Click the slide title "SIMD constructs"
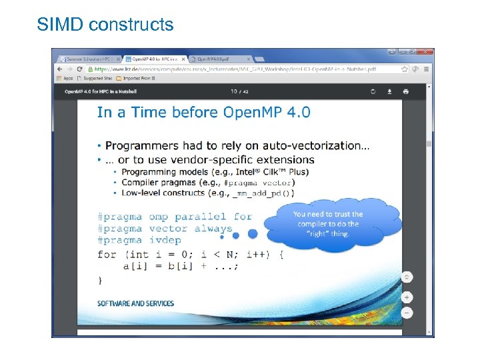pyautogui.click(x=105, y=25)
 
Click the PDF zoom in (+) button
pyautogui.click(x=407, y=297)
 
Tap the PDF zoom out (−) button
pyautogui.click(x=407, y=312)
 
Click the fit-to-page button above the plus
pyautogui.click(x=407, y=277)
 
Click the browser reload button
pyautogui.click(x=79, y=69)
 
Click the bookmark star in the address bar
pyautogui.click(x=405, y=69)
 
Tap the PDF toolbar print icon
pyautogui.click(x=405, y=91)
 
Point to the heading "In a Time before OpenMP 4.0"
pyautogui.click(x=203, y=112)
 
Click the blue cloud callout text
pyautogui.click(x=328, y=223)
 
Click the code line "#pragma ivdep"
pyautogui.click(x=139, y=240)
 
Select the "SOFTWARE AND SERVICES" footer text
pyautogui.click(x=135, y=303)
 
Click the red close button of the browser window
pyautogui.click(x=424, y=51)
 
